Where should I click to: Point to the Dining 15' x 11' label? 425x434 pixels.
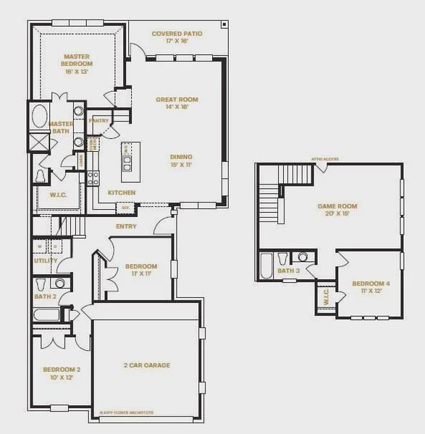(182, 160)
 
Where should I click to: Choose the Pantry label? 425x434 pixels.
(98, 121)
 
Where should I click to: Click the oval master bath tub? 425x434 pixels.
(38, 117)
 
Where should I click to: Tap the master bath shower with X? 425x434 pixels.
(38, 142)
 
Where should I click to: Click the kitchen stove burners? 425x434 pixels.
(93, 178)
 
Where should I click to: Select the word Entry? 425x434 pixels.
(126, 226)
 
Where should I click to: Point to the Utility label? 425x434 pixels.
(46, 260)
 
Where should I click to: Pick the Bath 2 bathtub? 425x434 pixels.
(47, 316)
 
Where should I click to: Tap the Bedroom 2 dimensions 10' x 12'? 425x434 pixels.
(61, 378)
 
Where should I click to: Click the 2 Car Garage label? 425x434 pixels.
(147, 365)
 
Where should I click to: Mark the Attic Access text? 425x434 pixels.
(325, 159)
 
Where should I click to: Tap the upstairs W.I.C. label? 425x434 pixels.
(325, 297)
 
